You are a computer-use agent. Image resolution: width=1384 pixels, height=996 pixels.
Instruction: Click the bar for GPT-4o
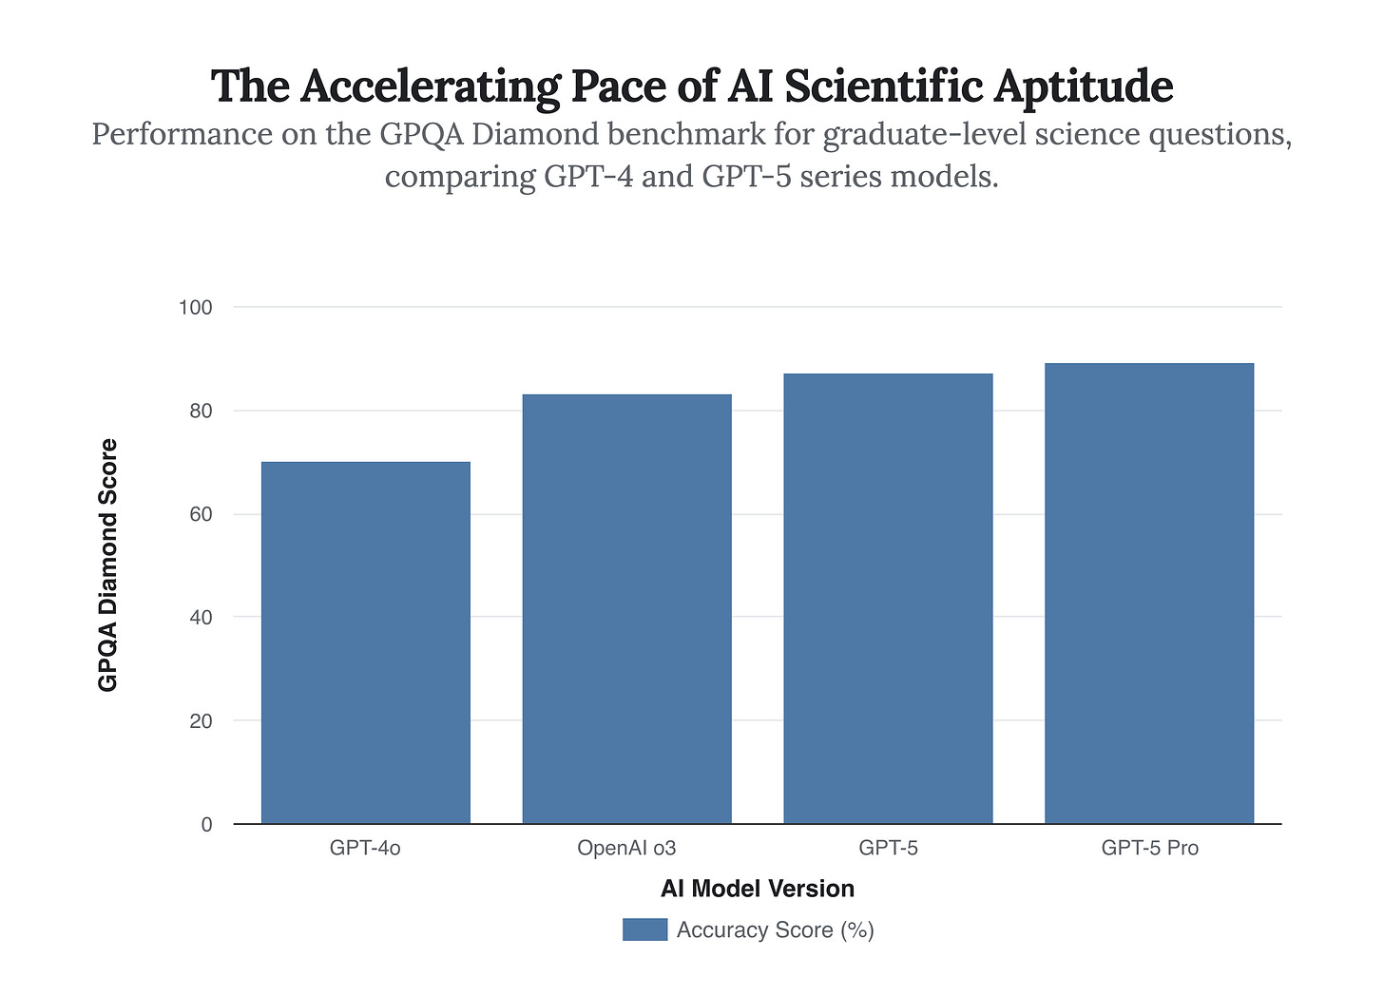[365, 642]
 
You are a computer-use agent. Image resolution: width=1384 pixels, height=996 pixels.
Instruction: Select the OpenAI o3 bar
[626, 608]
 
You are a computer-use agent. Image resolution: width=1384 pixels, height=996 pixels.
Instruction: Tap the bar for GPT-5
[888, 599]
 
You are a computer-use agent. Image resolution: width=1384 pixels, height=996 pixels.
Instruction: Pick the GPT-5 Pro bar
[1148, 593]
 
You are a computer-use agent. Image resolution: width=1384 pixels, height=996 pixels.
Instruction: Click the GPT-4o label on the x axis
[365, 848]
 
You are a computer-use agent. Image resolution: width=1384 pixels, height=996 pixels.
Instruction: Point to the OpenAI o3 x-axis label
[626, 848]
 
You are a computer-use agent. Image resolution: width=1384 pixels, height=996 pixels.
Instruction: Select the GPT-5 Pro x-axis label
[1149, 848]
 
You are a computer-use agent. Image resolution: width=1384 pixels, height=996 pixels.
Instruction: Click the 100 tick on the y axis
[195, 308]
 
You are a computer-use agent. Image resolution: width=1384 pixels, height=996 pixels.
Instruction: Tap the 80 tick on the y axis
[200, 412]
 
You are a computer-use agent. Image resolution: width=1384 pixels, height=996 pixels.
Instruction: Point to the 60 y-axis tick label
[200, 514]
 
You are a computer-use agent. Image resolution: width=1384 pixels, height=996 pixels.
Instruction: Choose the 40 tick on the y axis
[200, 618]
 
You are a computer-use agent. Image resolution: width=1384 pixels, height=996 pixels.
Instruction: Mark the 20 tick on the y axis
[200, 721]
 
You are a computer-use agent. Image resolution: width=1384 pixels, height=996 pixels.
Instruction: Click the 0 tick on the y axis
[206, 825]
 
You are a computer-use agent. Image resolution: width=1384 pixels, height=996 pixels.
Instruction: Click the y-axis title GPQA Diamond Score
[109, 565]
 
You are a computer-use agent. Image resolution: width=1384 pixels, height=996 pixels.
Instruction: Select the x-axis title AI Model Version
[758, 889]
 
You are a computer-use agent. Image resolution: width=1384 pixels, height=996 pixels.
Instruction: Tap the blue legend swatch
[644, 929]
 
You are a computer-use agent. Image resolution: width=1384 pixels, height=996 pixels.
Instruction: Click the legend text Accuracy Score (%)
[775, 929]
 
